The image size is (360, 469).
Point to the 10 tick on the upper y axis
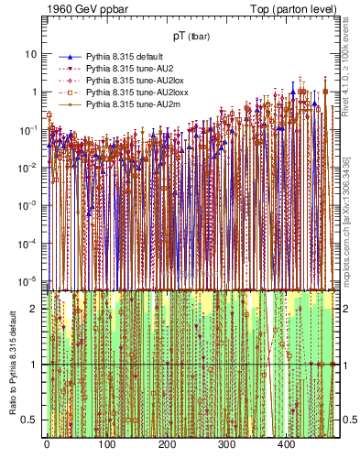[30, 54]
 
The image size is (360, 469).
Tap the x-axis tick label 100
[106, 444]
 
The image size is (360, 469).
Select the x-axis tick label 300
[226, 444]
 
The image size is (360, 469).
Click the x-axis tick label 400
[286, 444]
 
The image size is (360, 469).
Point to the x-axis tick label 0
[47, 444]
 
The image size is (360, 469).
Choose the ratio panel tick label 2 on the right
[348, 309]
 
